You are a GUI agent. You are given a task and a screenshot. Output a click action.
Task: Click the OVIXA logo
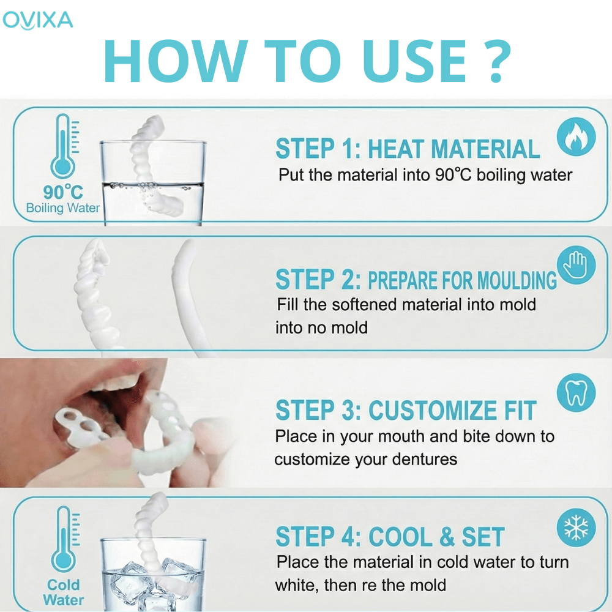(37, 20)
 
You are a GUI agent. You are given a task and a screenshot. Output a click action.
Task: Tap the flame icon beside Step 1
(576, 136)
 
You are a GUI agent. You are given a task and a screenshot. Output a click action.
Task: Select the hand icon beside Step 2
(576, 265)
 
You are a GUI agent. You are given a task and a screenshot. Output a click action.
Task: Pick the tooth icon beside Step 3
(576, 393)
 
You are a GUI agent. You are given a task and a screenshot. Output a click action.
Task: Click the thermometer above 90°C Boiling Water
(64, 146)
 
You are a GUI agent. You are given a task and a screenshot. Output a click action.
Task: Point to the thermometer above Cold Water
(65, 539)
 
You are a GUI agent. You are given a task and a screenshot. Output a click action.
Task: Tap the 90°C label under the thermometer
(63, 192)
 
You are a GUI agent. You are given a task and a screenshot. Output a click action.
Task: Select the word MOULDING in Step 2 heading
(517, 280)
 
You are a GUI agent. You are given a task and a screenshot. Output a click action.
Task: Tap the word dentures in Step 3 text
(424, 460)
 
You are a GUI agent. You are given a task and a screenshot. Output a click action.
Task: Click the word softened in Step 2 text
(364, 305)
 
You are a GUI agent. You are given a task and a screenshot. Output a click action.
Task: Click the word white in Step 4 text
(297, 585)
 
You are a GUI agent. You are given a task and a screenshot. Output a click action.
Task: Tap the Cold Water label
(63, 592)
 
